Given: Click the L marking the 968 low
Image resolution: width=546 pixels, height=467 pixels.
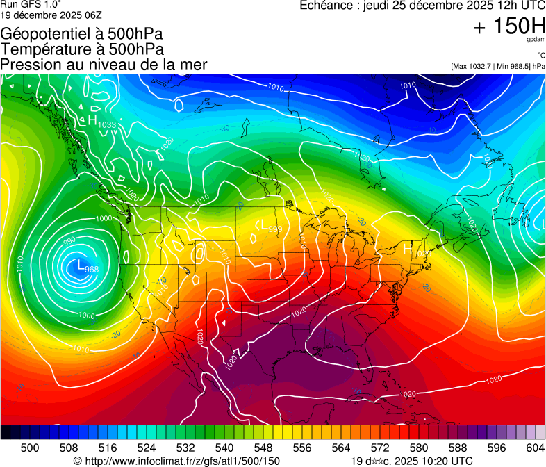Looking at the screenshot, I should pos(81,265).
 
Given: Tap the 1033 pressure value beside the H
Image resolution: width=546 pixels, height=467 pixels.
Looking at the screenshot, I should pos(107,124).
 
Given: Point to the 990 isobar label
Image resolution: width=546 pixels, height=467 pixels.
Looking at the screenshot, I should pos(69,240).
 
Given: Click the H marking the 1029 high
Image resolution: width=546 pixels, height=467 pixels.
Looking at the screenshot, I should pos(408,247).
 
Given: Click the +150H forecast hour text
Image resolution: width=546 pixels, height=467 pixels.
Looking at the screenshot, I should pos(508,26).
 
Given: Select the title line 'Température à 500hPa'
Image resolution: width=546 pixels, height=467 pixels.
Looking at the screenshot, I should pos(82,49).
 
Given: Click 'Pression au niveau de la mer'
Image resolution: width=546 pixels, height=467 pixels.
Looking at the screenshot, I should pos(104,65).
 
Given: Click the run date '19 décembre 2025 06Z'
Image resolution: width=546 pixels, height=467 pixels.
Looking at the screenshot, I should pos(51,14).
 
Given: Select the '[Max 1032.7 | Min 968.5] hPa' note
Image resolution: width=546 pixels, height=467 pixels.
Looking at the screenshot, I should pos(497,67).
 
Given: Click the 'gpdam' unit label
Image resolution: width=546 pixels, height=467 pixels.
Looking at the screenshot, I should pos(536,41).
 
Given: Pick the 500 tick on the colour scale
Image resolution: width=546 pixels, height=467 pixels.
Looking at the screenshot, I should pos(30,448).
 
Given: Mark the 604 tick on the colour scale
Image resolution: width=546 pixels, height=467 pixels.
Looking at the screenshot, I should pos(535,448).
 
